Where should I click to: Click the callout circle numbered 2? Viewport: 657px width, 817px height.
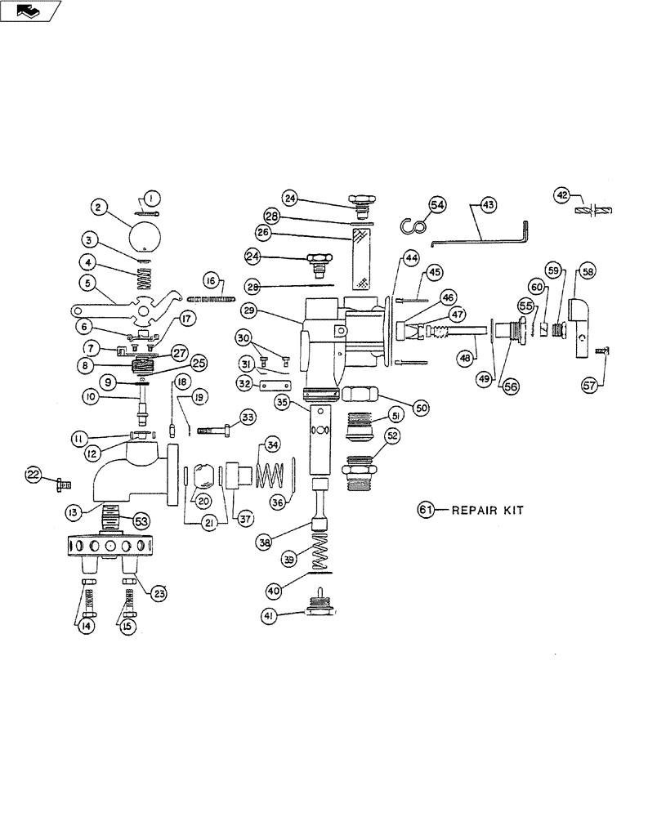98,208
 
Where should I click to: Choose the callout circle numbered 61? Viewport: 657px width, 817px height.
425,510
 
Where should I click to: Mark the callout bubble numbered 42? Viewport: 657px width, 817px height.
561,194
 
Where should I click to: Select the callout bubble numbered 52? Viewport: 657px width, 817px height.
393,437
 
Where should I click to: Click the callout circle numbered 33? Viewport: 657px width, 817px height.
248,417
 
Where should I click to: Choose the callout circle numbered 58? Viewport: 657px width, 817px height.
588,270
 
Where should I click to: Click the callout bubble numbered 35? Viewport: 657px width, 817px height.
282,402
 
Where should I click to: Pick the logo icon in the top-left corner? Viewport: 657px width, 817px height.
30,11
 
